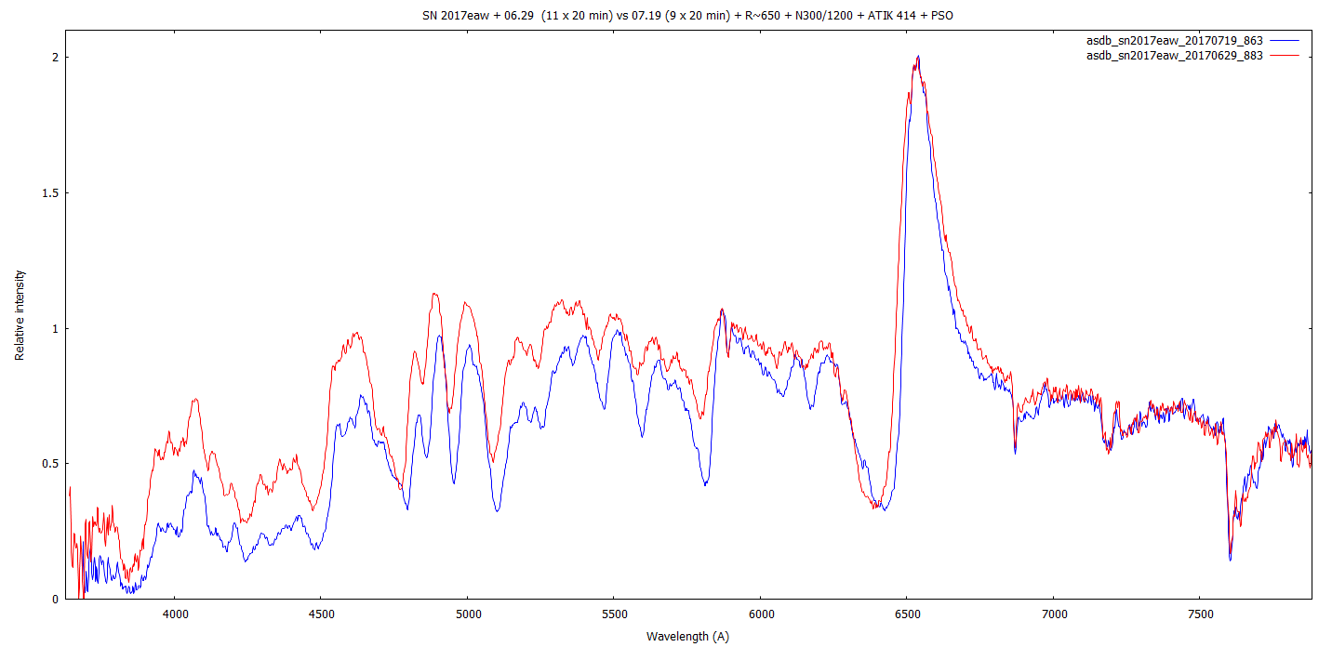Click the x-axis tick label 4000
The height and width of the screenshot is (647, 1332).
175,614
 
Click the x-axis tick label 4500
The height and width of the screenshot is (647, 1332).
321,614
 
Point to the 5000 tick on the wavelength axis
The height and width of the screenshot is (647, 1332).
467,614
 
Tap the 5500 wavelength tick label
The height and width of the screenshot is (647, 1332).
614,614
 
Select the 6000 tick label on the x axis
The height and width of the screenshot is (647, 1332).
760,614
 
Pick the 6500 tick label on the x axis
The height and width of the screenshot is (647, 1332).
907,614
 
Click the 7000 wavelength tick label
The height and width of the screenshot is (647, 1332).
1053,614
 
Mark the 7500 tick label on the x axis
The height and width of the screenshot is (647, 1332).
1200,614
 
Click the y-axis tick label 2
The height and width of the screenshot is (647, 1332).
55,58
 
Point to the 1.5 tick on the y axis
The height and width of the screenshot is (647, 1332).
50,193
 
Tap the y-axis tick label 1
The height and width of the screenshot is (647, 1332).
55,329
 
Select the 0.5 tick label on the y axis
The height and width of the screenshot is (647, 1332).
50,464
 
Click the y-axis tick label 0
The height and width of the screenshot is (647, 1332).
55,600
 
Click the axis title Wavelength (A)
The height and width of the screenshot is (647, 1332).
689,637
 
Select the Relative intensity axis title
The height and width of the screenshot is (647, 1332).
20,315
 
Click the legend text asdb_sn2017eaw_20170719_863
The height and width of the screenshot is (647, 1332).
1174,41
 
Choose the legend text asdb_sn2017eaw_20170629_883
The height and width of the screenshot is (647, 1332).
1174,56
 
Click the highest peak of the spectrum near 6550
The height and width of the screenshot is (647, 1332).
918,57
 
